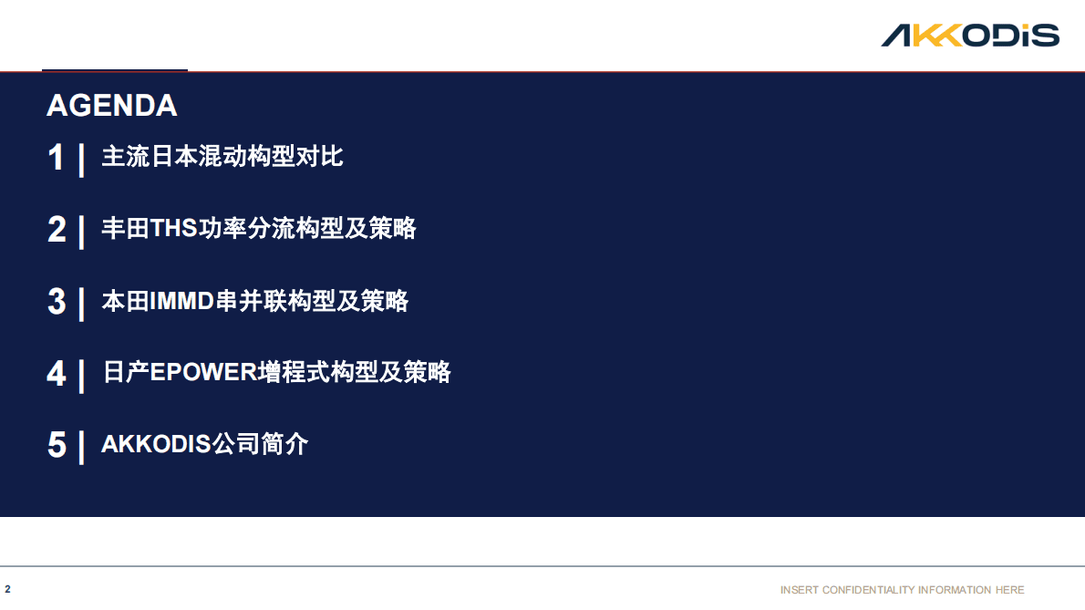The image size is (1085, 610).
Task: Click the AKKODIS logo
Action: [969, 36]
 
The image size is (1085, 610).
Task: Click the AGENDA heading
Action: [111, 106]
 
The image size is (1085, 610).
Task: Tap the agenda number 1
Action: [57, 158]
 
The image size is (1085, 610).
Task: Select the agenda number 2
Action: [57, 230]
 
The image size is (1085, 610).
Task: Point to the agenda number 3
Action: [57, 302]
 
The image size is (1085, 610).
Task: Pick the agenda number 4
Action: [57, 374]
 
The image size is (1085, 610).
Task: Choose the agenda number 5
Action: [57, 446]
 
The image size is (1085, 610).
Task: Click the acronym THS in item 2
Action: [173, 229]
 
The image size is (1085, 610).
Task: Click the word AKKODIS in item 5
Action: [155, 445]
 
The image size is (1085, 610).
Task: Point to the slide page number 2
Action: [7, 589]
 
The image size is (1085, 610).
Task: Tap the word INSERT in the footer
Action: [799, 590]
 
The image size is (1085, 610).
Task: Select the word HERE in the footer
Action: [1009, 590]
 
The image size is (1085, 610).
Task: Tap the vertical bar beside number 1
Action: [82, 160]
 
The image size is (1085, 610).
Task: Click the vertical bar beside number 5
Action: [82, 447]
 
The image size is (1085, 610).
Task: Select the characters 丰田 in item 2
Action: [125, 229]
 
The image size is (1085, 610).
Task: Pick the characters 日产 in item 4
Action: [125, 373]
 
